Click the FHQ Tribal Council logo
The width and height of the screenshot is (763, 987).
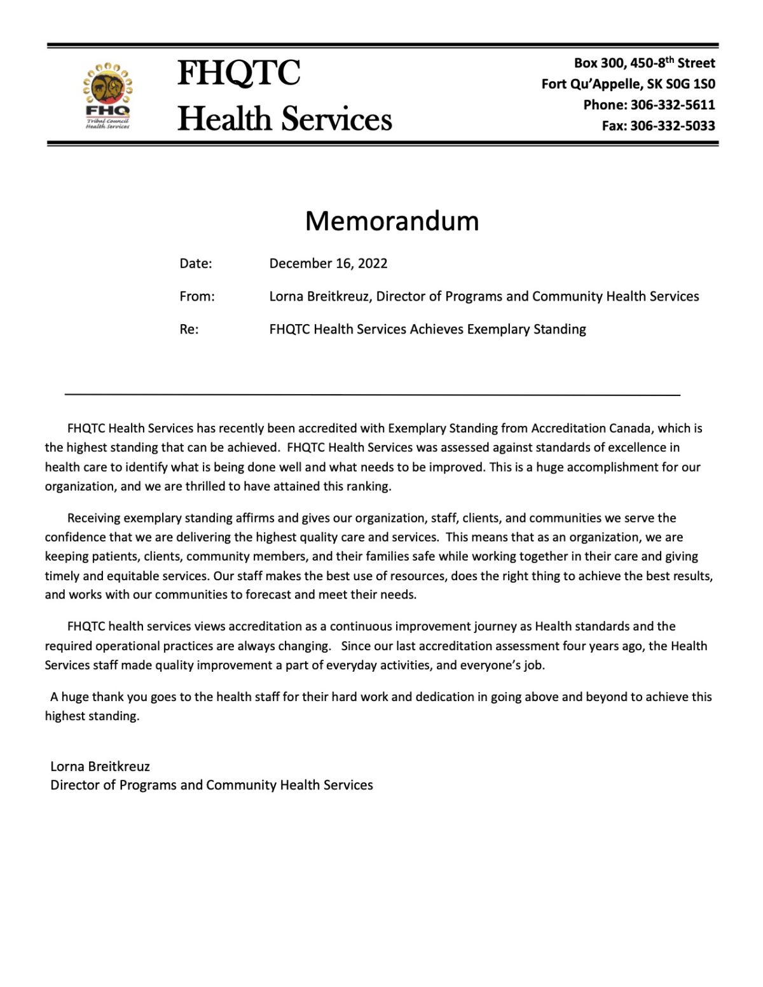(x=107, y=95)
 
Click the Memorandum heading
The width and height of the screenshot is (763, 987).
(x=392, y=221)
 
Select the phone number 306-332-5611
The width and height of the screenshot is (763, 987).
(x=673, y=105)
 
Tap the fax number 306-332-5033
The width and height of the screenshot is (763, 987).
(x=673, y=126)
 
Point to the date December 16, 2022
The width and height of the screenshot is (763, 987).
(x=328, y=264)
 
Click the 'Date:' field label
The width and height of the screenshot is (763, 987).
(x=196, y=264)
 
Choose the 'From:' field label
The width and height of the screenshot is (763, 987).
(x=197, y=297)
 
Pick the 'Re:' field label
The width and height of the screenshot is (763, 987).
(x=189, y=329)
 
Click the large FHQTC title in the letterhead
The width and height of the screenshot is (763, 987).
(x=239, y=73)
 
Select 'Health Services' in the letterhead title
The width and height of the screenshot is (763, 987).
(x=285, y=119)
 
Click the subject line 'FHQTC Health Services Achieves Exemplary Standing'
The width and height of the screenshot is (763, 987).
(x=427, y=329)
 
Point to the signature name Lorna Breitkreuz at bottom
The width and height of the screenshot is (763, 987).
(x=100, y=766)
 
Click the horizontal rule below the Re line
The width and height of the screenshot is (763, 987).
(x=373, y=395)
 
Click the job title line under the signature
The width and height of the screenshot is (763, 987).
(x=212, y=786)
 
